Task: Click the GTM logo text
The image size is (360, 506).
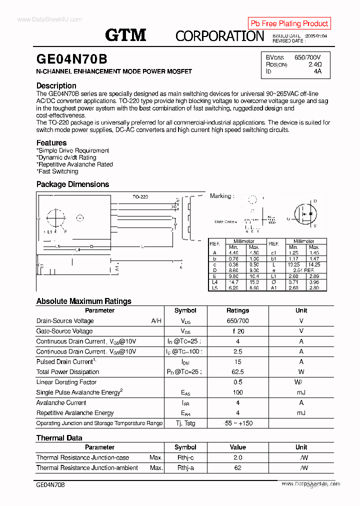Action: tap(125, 35)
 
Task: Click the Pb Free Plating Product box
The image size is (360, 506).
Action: tap(289, 23)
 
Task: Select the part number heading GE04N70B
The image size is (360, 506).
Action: tap(71, 59)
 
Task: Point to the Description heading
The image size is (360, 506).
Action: tap(56, 85)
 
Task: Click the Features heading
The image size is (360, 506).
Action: tap(51, 142)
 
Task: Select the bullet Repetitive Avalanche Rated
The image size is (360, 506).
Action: tap(75, 164)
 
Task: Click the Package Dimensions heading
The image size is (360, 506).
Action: tap(72, 184)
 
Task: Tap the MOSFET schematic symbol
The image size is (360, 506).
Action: tap(305, 214)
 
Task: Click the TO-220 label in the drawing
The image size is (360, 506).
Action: tap(140, 197)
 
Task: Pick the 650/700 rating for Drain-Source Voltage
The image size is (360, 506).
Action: tap(237, 321)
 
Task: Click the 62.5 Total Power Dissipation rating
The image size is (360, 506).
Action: tap(237, 372)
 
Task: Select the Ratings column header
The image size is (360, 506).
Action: tap(237, 310)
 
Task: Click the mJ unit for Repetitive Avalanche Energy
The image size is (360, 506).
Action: tap(301, 413)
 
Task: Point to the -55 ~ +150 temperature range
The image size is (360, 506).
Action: tap(237, 423)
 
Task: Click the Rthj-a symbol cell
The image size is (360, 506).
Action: tap(185, 468)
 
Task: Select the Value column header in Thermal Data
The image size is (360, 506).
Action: tap(237, 447)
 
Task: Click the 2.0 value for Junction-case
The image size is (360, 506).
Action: tap(237, 457)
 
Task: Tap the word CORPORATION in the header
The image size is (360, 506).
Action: tap(219, 36)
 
